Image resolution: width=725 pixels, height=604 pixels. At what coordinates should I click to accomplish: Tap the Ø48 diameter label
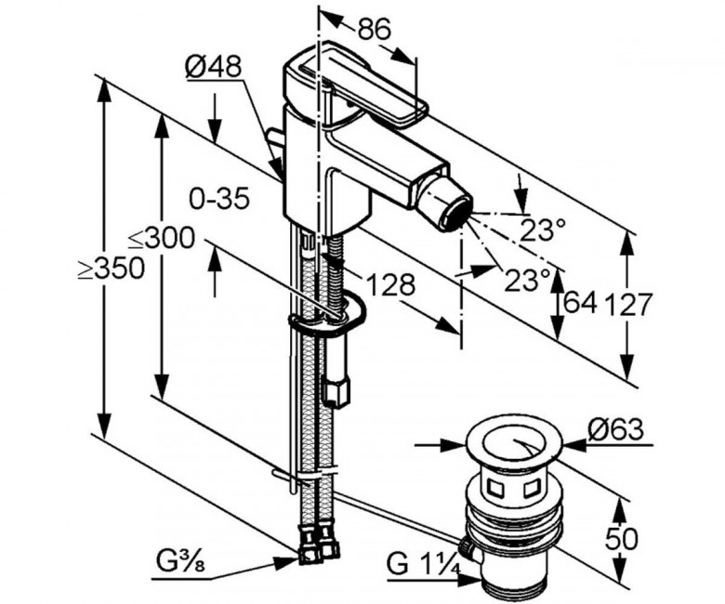[x=213, y=66]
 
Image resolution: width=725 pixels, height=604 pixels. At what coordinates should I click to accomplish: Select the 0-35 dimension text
[x=218, y=198]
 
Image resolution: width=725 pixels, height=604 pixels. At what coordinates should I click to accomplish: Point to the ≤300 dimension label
[x=161, y=239]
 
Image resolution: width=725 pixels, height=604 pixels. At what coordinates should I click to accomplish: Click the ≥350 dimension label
[x=111, y=269]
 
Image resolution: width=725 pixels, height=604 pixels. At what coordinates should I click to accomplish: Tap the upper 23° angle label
[x=543, y=230]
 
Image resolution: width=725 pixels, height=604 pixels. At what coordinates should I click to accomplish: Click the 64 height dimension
[x=580, y=303]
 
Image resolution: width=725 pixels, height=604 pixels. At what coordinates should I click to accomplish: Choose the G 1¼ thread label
[x=424, y=564]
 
